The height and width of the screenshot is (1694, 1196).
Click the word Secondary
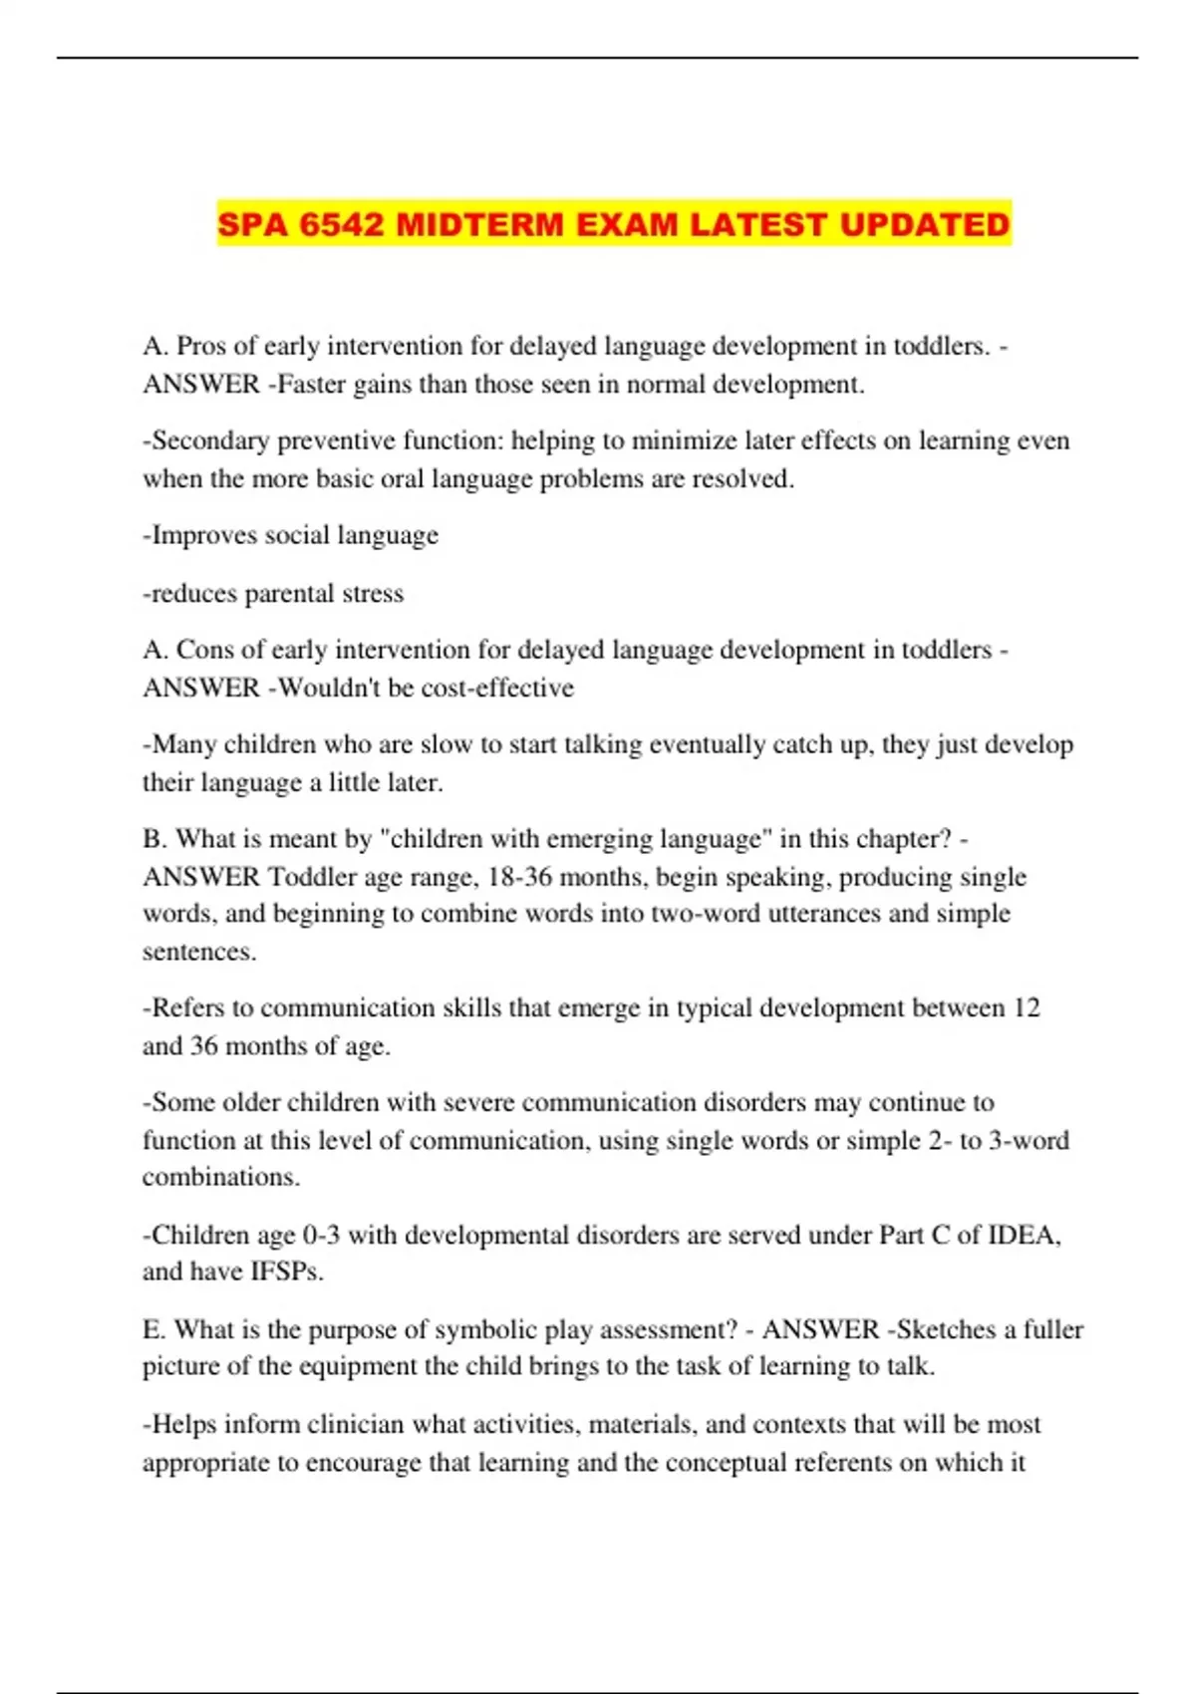210,440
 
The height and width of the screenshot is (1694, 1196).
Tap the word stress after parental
373,594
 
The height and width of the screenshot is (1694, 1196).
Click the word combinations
220,1177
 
